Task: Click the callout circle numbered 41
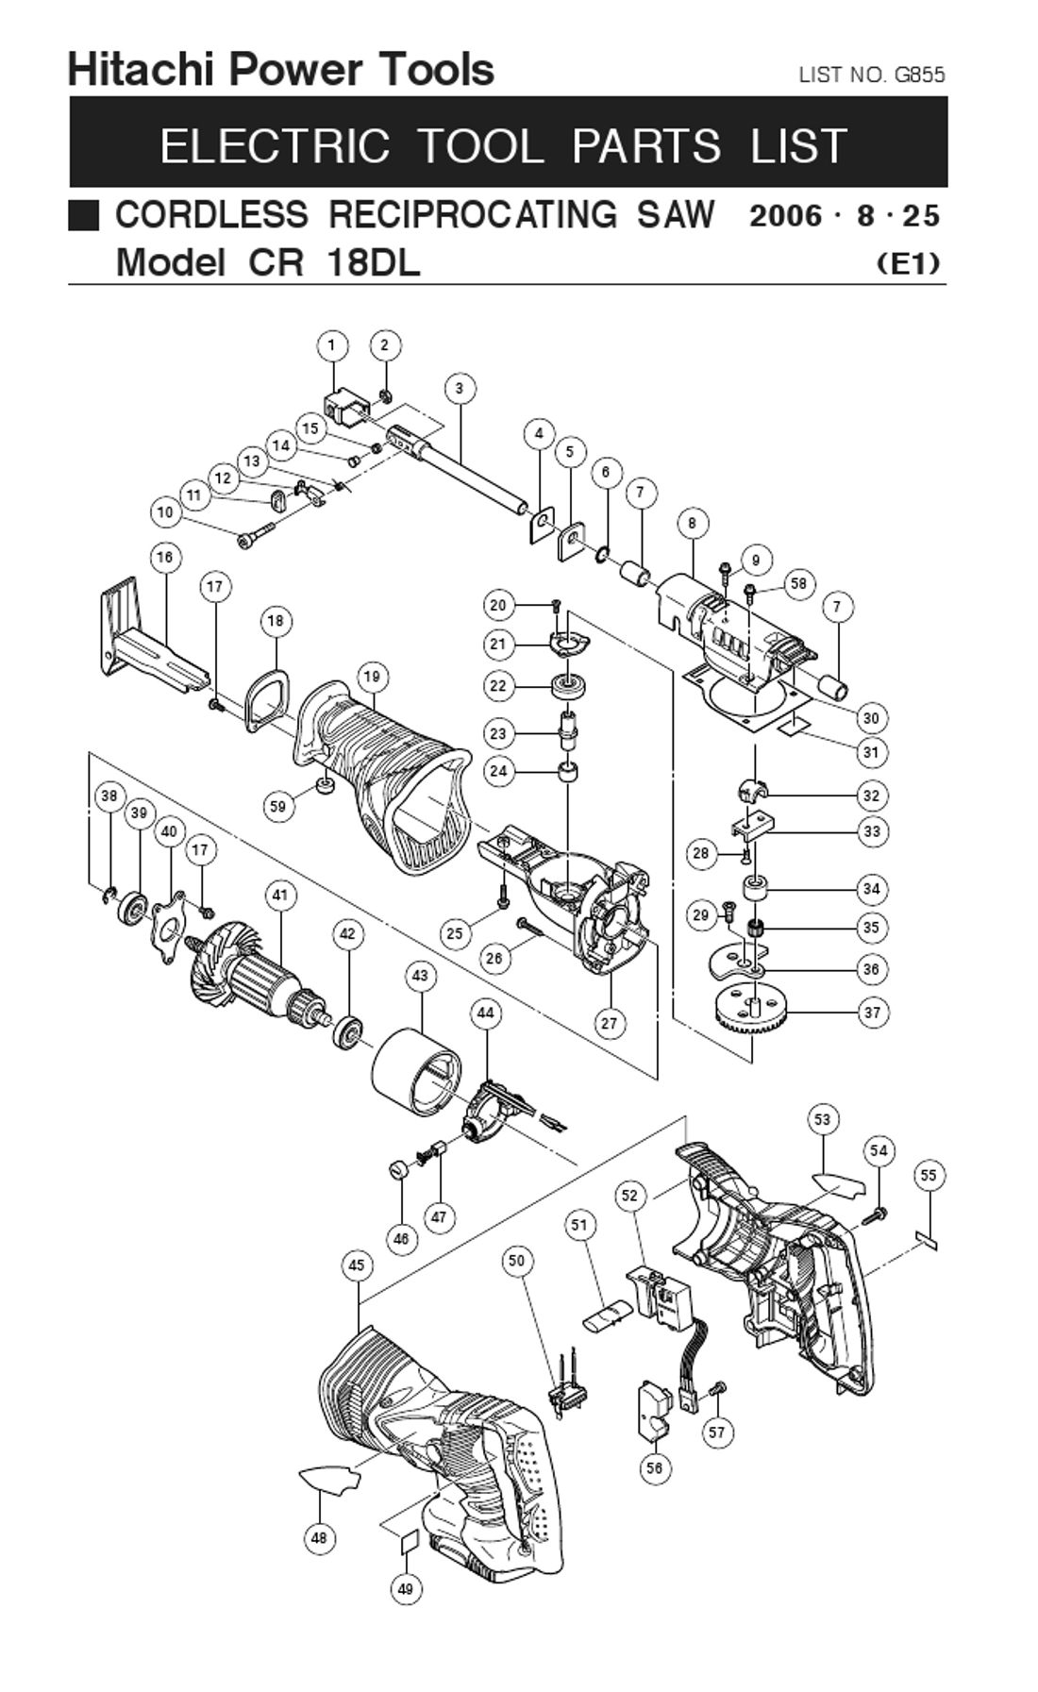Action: tap(280, 895)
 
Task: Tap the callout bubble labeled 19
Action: tap(372, 677)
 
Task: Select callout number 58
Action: tap(798, 583)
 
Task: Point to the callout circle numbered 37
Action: tap(872, 1013)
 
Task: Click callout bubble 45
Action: tap(357, 1265)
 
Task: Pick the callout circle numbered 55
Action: tap(929, 1175)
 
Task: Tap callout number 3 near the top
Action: tap(460, 388)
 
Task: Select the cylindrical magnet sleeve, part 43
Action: tap(415, 1072)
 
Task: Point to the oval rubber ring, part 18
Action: tap(265, 699)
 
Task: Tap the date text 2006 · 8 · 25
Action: tap(845, 216)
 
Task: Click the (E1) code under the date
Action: tap(908, 262)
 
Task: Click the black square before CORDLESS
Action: tap(84, 215)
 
